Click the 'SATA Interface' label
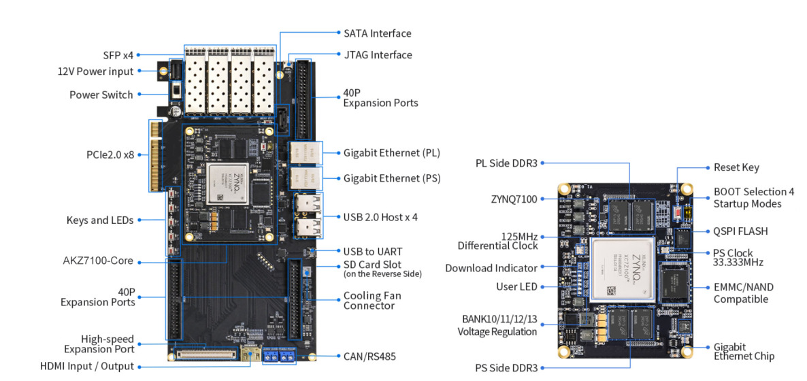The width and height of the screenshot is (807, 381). coord(377,33)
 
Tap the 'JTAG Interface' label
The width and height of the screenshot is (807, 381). coord(378,54)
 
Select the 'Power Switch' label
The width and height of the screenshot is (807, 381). coord(101,95)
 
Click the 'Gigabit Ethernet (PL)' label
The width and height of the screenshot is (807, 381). coord(392,152)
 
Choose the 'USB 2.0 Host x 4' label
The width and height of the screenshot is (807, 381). coord(380,217)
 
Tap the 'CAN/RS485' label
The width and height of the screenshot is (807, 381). coord(369,356)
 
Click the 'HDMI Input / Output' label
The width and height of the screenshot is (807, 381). coord(87,367)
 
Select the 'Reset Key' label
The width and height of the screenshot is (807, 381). coord(736,167)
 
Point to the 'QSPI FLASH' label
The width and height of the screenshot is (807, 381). coord(740,231)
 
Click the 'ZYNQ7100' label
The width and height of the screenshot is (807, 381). coord(514,199)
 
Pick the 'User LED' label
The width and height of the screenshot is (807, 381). coord(516,286)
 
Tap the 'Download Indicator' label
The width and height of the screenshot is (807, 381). coord(491,268)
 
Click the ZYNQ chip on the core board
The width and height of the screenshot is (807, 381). coord(623,269)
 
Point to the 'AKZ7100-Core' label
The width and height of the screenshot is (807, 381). coord(98,261)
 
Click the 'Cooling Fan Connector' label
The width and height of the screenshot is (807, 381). coord(372,301)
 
